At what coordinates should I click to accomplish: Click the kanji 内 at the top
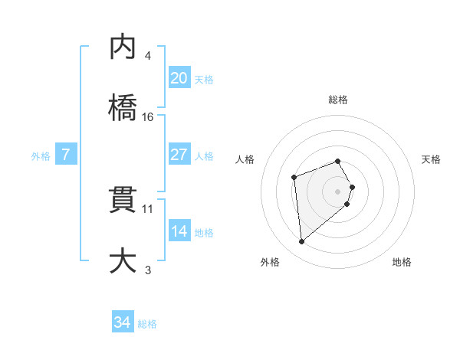123,48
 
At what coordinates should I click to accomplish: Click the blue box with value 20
179,78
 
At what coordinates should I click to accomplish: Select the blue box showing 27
179,155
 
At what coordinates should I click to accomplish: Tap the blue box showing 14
179,232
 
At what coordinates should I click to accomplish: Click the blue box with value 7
66,155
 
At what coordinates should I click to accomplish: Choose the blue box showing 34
123,322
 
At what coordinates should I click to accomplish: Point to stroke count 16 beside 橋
148,117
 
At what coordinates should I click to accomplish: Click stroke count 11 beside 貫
148,208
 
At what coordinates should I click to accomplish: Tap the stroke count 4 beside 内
148,56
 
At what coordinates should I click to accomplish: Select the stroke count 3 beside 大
148,270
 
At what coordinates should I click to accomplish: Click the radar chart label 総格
338,100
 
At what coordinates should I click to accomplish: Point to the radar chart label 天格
432,159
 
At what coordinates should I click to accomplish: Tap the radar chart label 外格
270,263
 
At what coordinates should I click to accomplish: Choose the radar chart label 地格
402,263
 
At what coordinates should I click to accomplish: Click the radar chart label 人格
245,159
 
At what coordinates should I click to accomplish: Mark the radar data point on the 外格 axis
302,242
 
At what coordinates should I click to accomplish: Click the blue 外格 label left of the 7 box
41,156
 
